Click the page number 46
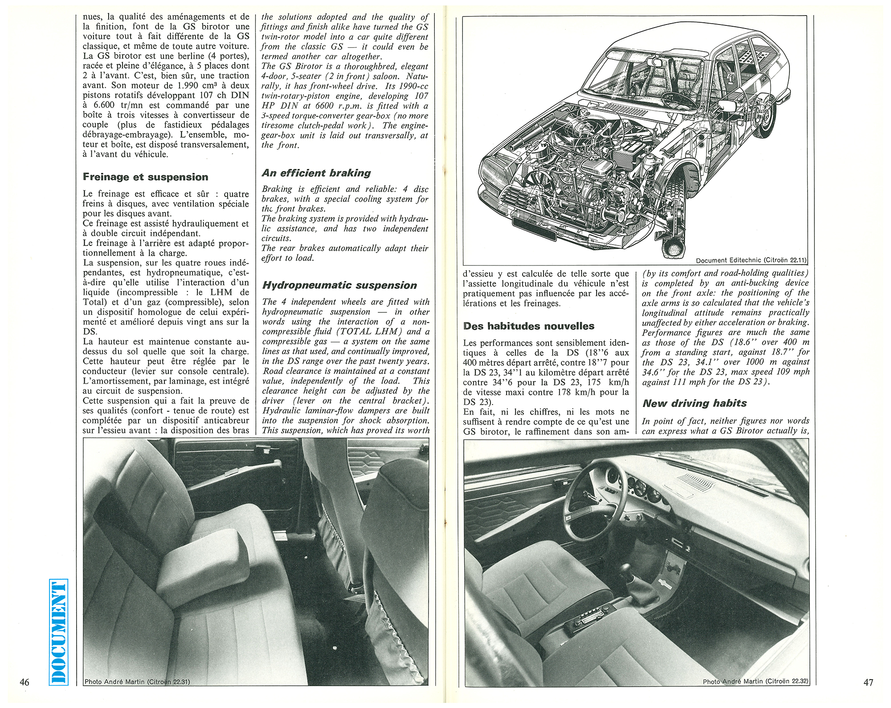tap(25, 682)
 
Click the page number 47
tap(868, 682)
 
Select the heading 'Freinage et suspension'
tap(145, 177)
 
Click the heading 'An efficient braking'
tap(316, 173)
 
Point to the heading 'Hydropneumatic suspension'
tap(339, 285)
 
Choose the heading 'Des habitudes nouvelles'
tap(528, 326)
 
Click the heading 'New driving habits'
tap(695, 403)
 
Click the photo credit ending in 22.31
tap(137, 682)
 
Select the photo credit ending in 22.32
tap(755, 681)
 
